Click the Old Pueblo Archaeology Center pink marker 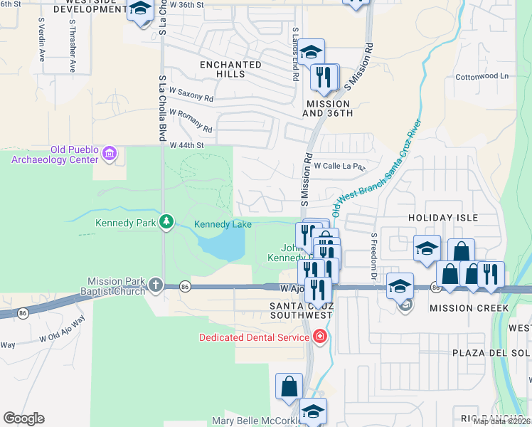point(109,153)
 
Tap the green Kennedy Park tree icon point(166,223)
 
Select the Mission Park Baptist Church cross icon point(156,286)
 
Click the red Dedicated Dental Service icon point(320,336)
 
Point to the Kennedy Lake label point(223,225)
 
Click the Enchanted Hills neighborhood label point(230,70)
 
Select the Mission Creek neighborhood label point(469,308)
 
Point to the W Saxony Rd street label point(191,94)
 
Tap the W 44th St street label point(186,145)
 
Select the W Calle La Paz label point(339,166)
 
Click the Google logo point(23,418)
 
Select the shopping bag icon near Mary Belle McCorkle point(289,386)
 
